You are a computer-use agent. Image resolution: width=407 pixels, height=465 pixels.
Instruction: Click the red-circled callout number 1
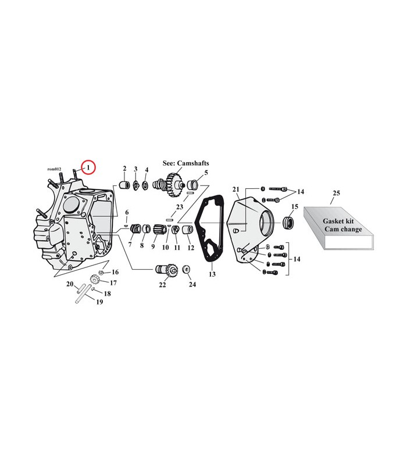88,167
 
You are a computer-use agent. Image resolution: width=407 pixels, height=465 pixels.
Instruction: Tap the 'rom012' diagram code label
54,169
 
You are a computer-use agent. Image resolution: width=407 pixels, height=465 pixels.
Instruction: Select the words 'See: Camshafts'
185,163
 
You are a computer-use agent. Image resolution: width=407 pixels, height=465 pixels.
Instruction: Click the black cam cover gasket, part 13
208,228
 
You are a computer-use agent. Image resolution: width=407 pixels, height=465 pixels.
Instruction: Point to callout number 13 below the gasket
212,274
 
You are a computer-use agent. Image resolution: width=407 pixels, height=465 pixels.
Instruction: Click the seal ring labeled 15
288,223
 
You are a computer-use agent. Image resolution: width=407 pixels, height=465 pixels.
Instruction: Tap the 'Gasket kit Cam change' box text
342,225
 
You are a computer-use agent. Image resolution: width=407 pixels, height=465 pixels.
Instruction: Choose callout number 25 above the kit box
336,193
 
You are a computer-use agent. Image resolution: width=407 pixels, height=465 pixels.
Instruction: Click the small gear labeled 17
94,280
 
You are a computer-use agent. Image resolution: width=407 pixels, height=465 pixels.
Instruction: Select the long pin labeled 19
82,294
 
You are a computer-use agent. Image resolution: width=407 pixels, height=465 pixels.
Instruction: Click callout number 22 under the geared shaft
162,285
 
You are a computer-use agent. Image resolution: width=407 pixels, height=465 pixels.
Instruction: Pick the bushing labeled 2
124,185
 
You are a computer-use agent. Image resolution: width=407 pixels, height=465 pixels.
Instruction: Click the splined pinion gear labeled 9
158,230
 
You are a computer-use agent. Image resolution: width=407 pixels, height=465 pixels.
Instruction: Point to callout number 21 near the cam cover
235,189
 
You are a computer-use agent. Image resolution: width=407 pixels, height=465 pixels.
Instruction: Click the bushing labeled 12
187,230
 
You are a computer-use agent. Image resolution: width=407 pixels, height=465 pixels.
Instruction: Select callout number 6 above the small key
127,212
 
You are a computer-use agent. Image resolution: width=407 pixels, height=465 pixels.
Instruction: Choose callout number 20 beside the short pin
70,284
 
